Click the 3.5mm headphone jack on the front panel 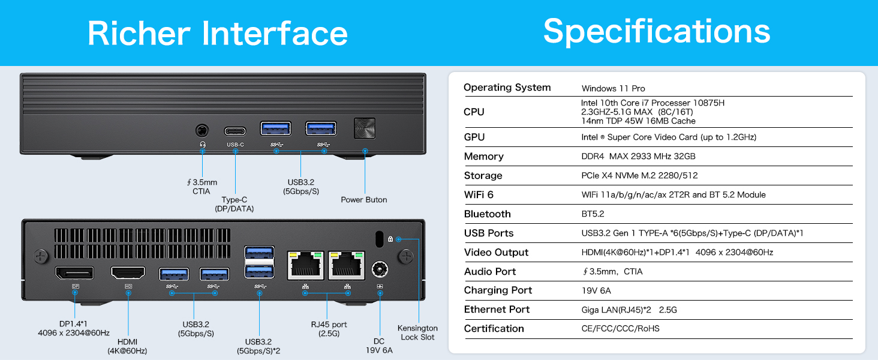[x=202, y=130]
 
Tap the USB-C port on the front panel [x=235, y=131]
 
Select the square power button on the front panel [x=365, y=128]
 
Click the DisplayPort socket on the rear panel [x=74, y=273]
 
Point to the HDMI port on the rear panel [x=128, y=273]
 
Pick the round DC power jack [x=379, y=269]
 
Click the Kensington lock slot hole [x=378, y=238]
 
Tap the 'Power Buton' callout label [x=364, y=200]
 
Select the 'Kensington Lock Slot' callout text [x=417, y=332]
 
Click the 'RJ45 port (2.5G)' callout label [x=329, y=329]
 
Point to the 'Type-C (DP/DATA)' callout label [x=234, y=204]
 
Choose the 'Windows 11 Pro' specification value [x=613, y=88]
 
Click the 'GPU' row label [x=474, y=137]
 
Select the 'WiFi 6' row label [x=479, y=195]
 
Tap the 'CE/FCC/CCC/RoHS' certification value [x=621, y=329]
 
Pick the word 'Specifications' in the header [x=657, y=31]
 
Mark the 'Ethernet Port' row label [x=497, y=310]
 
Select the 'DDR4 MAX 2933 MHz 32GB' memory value [x=638, y=157]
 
